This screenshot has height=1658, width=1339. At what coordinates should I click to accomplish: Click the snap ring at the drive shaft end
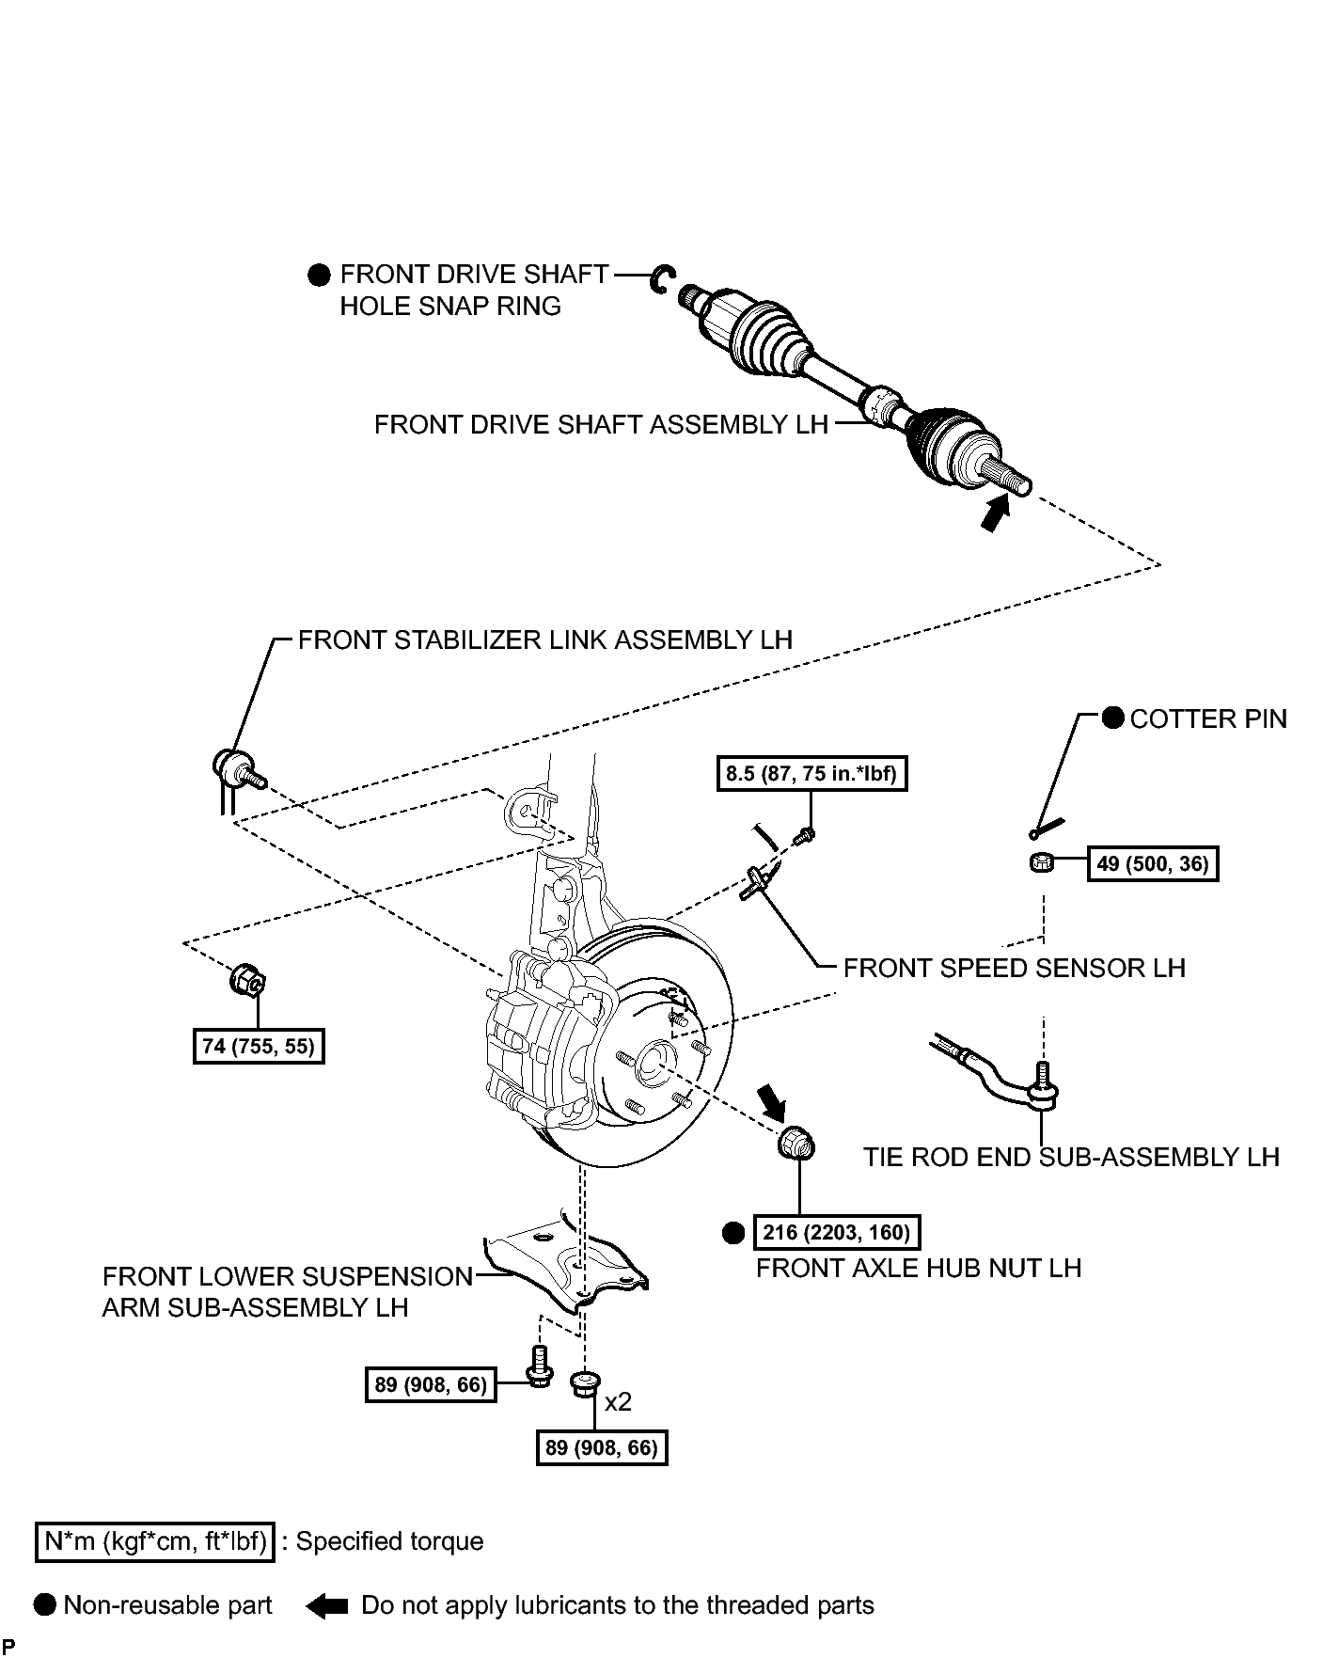coord(662,278)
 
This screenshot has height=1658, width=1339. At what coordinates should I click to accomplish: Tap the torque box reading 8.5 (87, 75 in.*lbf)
coord(811,774)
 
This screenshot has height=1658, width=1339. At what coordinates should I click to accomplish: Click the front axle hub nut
coord(797,1144)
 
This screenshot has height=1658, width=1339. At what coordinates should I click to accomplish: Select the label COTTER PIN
coord(1208,719)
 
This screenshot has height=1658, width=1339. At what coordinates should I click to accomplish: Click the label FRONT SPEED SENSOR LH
coord(1014,969)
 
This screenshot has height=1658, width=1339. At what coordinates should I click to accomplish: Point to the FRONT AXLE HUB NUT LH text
coord(919,1268)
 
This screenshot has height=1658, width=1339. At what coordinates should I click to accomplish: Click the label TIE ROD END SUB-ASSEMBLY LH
coord(1071,1157)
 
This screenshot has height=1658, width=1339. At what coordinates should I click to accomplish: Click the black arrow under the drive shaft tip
coord(995,513)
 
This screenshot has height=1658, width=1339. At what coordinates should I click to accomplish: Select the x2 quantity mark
coord(618,1402)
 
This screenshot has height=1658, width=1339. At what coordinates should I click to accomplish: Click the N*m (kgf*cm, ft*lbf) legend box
coord(155,1541)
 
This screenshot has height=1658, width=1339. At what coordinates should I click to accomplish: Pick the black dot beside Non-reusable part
coord(45,1605)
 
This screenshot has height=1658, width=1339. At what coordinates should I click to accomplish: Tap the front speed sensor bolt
coord(804,834)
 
